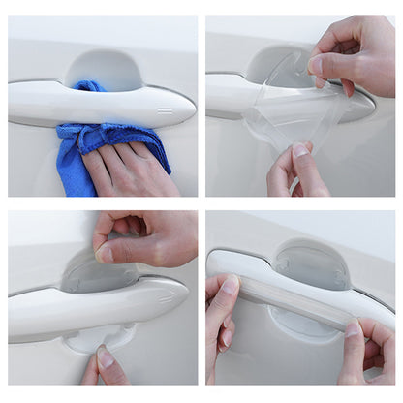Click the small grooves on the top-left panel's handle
(x=164, y=110)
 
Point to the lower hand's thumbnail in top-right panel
(x=301, y=150)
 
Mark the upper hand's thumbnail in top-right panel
(x=316, y=65)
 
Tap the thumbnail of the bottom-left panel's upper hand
(x=104, y=254)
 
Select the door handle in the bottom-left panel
(x=58, y=310)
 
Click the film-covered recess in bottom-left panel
(x=97, y=276)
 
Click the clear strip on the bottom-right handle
(x=291, y=290)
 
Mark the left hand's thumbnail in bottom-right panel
(x=230, y=286)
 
